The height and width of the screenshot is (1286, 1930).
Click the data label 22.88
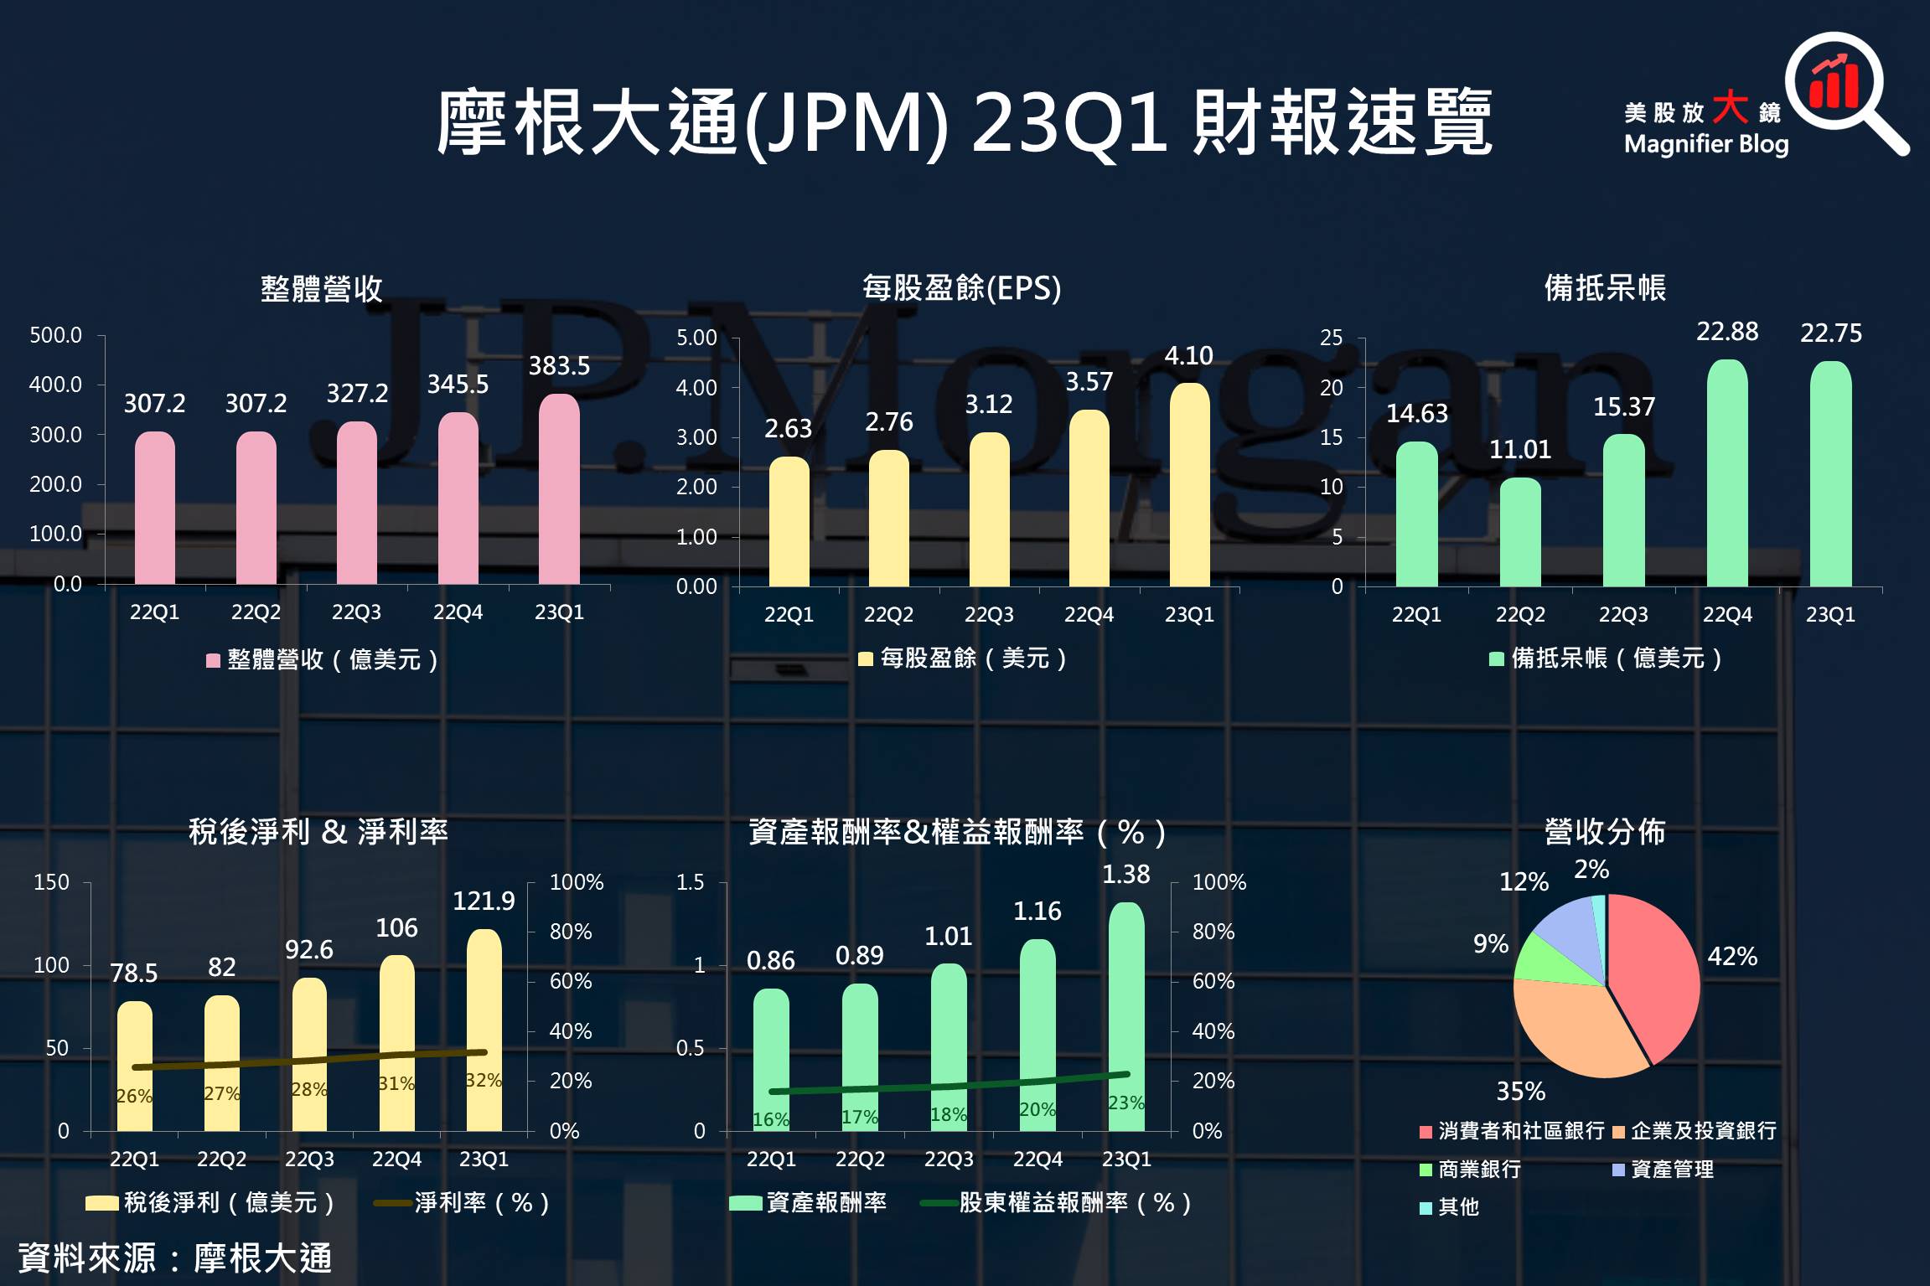coord(1727,332)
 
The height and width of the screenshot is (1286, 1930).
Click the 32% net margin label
coord(484,1080)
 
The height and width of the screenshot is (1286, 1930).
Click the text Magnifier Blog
coord(1706,144)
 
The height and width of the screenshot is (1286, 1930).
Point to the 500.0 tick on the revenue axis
coord(55,336)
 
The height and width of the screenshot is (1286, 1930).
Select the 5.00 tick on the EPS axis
coord(696,338)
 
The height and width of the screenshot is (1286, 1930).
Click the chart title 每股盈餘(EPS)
coord(961,288)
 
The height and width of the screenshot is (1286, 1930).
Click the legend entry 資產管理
coord(1671,1169)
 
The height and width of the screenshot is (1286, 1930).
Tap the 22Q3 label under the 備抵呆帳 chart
coord(1623,614)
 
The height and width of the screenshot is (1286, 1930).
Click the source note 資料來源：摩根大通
coord(175,1258)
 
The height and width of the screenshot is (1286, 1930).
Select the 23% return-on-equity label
coord(1125,1103)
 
